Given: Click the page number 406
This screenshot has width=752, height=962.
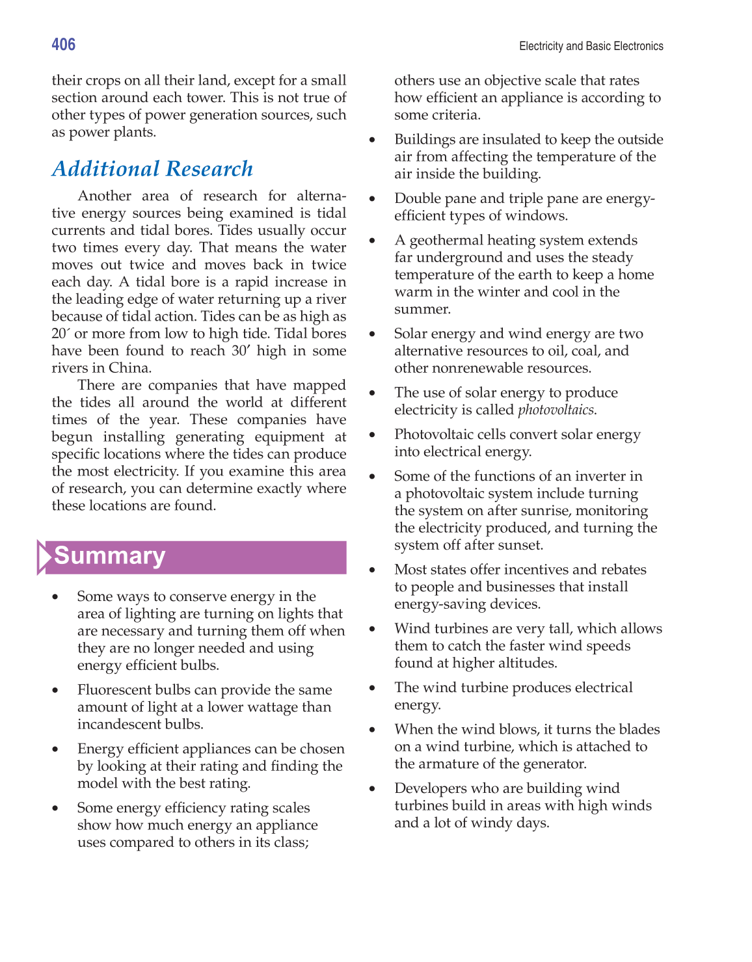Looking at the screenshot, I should (64, 44).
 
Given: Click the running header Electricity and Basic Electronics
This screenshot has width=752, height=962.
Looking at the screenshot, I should (591, 46).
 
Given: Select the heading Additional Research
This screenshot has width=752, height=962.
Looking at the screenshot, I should (152, 169).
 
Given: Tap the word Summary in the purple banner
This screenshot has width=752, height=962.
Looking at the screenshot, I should (110, 556).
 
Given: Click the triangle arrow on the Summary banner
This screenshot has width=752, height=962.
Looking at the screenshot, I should (44, 557).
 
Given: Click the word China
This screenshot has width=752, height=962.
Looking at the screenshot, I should (129, 368).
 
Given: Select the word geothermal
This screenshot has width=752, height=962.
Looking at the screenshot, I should (442, 241).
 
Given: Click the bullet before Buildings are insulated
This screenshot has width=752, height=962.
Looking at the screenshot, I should (373, 140).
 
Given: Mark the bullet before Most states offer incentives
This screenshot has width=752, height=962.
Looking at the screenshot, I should (373, 570).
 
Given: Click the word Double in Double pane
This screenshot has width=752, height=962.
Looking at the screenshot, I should (418, 199).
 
